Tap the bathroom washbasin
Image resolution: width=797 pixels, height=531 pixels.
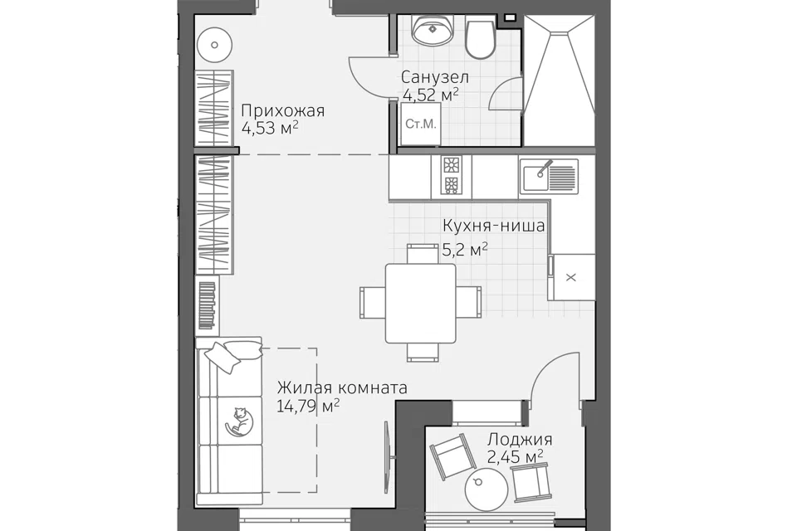tap(432, 29)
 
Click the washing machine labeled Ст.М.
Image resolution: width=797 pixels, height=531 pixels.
tap(420, 124)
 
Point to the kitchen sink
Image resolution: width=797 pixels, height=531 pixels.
tap(548, 175)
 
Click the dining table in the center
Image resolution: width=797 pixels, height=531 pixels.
tap(420, 303)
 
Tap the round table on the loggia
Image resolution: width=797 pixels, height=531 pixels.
tap(487, 489)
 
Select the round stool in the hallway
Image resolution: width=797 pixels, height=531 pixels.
tap(214, 45)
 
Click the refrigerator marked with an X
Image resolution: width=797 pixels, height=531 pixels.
tap(571, 277)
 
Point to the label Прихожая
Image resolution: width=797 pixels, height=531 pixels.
tap(282, 110)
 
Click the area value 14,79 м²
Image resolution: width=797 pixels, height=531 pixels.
tap(309, 406)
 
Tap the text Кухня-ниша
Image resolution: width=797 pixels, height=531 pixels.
tap(493, 225)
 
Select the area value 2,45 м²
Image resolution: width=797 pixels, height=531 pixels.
tap(515, 456)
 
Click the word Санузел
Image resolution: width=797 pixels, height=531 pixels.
tap(434, 77)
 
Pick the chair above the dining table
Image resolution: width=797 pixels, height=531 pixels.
tap(423, 253)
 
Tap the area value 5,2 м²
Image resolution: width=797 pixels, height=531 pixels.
tap(465, 250)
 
